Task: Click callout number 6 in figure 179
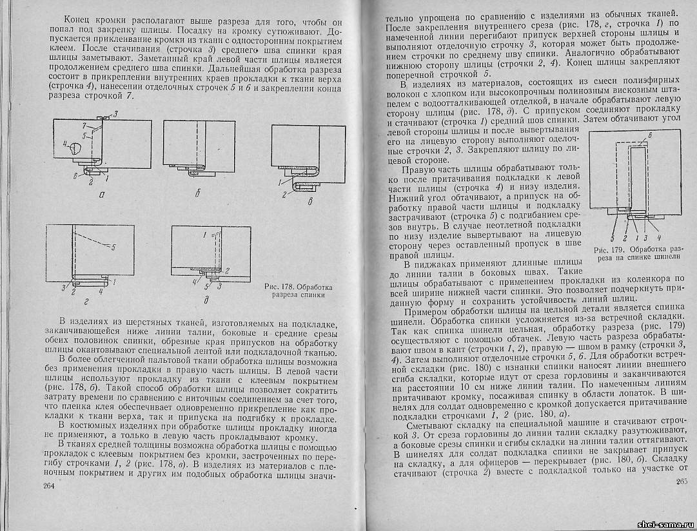tap(651, 135)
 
